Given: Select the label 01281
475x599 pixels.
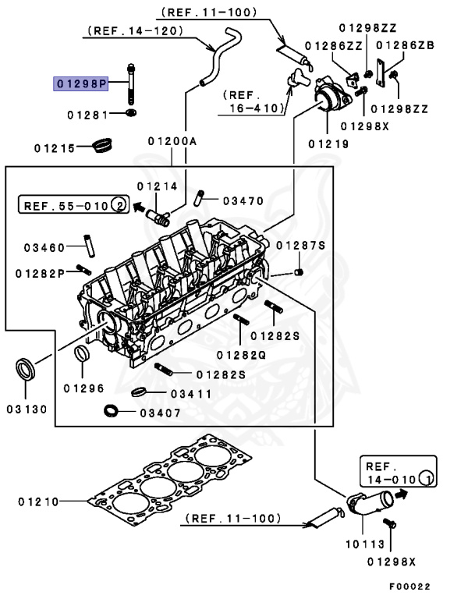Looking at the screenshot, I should (86, 115).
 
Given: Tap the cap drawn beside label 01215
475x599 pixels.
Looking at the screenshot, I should (102, 146).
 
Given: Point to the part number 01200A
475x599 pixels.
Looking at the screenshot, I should (172, 142).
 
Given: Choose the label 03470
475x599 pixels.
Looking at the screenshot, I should (243, 201).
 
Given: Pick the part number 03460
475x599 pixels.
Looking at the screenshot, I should (43, 248).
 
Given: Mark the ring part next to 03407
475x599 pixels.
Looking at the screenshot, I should (112, 410).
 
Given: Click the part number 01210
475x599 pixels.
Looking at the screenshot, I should (39, 502).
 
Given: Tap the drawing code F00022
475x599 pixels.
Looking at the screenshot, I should (409, 587).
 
